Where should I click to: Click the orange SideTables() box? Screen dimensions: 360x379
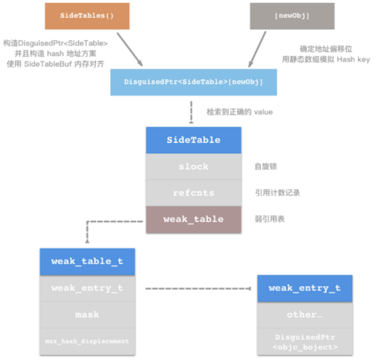83,15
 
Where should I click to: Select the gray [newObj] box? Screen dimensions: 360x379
282,15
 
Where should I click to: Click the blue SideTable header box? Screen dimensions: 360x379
193,139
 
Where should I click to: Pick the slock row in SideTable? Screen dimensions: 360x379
193,166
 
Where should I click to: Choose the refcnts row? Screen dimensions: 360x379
193,193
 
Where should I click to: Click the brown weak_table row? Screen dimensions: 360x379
193,219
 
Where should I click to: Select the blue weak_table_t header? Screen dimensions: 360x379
87,261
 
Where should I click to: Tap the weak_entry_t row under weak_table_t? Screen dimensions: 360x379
87,288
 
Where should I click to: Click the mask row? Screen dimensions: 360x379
87,315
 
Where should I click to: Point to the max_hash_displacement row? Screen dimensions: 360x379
87,341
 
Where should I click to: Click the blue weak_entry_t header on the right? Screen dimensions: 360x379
304,288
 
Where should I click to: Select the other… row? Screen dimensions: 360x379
304,314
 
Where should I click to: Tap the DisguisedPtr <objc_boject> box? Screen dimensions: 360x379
304,341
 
